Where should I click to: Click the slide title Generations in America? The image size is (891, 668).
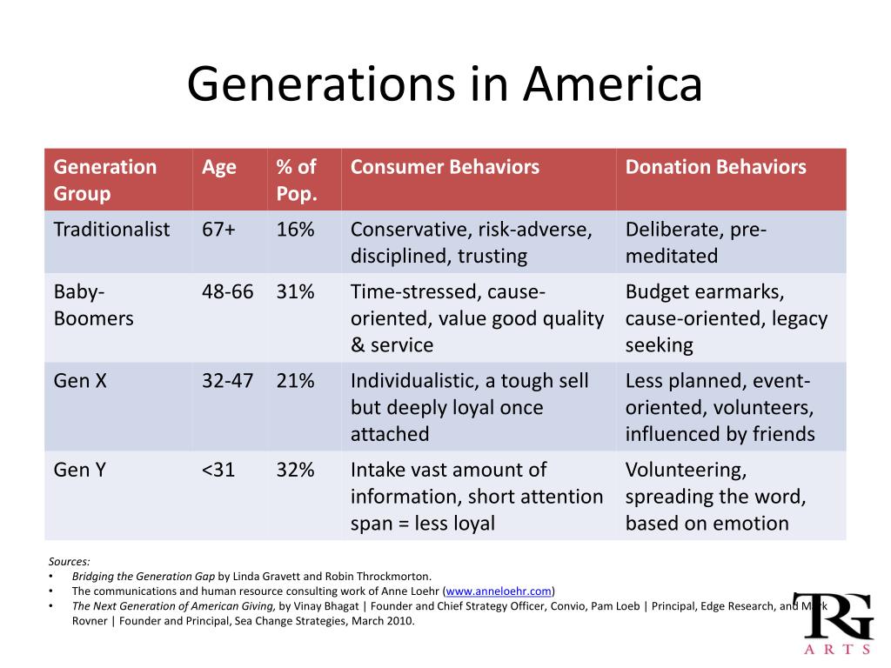445,84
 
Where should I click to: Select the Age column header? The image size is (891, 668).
218,168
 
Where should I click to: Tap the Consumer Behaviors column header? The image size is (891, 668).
445,167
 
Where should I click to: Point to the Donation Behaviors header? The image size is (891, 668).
716,167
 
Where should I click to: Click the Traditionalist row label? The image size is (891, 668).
111,230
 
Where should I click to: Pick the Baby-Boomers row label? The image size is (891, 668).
94,305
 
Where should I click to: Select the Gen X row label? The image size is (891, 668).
80,381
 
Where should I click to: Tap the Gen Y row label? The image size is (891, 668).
79,470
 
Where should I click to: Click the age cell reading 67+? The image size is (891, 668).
218,230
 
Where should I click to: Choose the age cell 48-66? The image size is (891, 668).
228,292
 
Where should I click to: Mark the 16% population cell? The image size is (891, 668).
296,230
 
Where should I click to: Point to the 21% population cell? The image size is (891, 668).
296,381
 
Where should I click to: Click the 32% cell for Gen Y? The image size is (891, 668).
296,470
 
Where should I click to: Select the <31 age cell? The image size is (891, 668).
218,470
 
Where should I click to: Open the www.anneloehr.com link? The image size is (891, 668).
499,591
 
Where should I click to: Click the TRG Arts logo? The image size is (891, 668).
834,624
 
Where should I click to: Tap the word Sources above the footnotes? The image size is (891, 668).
70,562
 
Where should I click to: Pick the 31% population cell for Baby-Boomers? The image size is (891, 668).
296,292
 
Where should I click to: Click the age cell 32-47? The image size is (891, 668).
228,381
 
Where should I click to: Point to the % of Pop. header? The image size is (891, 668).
297,181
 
